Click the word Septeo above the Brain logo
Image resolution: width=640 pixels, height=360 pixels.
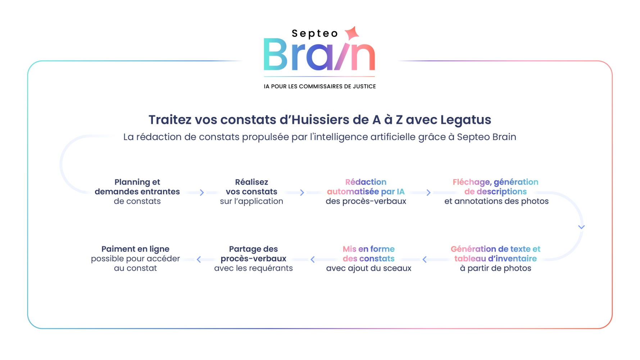[315, 33]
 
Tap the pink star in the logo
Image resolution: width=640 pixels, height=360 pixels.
[352, 33]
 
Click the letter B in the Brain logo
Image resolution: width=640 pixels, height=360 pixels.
[276, 54]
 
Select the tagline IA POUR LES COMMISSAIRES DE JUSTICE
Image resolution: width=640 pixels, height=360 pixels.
[320, 86]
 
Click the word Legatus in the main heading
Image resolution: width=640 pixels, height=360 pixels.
[466, 120]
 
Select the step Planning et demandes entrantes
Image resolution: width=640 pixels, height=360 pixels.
[137, 187]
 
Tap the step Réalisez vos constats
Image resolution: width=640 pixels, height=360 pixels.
[251, 187]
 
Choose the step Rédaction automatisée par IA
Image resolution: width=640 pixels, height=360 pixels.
[366, 187]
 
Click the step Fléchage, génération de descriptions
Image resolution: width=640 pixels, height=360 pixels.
[496, 187]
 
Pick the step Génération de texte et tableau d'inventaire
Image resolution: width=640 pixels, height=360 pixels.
[495, 254]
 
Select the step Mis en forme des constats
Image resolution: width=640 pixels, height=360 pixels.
[369, 254]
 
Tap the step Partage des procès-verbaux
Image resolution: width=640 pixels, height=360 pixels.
[253, 254]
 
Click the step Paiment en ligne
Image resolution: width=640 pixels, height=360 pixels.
[135, 249]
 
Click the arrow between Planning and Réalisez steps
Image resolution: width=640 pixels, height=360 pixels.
[202, 193]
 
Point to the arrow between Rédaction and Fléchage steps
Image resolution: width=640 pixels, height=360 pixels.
[428, 193]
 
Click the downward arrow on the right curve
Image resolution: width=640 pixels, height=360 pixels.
[581, 227]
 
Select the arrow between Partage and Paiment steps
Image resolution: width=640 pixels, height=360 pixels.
[199, 260]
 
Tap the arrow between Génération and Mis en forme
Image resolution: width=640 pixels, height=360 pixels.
[425, 260]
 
